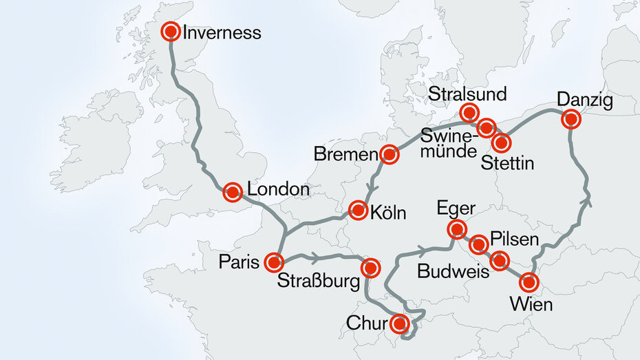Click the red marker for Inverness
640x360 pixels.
click(171, 32)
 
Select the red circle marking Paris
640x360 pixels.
click(274, 262)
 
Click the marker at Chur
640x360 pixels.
click(399, 323)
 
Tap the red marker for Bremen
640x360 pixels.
click(390, 155)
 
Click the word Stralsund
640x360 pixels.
click(467, 94)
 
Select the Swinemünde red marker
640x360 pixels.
click(486, 127)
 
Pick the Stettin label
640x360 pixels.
click(507, 163)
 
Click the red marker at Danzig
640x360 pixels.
click(570, 119)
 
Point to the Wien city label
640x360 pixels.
click(531, 303)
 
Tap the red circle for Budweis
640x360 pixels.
click(500, 260)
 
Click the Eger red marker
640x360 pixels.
click(456, 229)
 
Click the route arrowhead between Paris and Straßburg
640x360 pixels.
click(314, 257)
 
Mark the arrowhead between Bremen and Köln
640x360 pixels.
click(372, 187)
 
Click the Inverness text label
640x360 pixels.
click(222, 32)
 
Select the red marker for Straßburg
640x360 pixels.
click(370, 267)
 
